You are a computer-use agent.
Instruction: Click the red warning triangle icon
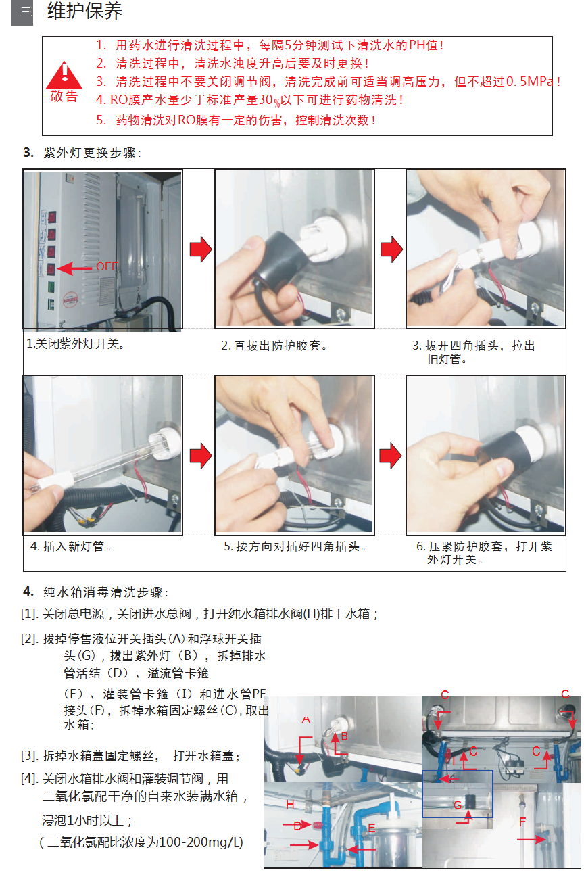pyautogui.click(x=64, y=75)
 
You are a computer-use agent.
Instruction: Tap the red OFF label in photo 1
pyautogui.click(x=107, y=266)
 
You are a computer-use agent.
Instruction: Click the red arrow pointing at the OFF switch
pyautogui.click(x=74, y=268)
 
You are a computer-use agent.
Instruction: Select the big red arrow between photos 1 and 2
pyautogui.click(x=201, y=249)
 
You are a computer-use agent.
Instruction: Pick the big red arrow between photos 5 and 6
pyautogui.click(x=391, y=456)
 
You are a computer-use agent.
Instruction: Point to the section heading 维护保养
pyautogui.click(x=85, y=11)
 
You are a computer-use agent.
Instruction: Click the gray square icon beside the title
pyautogui.click(x=22, y=13)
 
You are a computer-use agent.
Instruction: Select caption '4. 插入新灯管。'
pyautogui.click(x=71, y=546)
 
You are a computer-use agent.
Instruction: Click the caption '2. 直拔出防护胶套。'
pyautogui.click(x=274, y=346)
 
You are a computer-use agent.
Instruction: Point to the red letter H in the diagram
pyautogui.click(x=290, y=805)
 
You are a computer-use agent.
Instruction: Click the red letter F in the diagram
pyautogui.click(x=522, y=822)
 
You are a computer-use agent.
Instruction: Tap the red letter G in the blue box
pyautogui.click(x=458, y=805)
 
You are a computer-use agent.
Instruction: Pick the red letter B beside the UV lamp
pyautogui.click(x=344, y=737)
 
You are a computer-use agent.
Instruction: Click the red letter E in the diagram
pyautogui.click(x=371, y=828)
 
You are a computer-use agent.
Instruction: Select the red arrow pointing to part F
pyautogui.click(x=531, y=840)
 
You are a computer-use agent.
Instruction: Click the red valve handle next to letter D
pyautogui.click(x=317, y=824)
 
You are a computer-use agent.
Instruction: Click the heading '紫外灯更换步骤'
pyautogui.click(x=89, y=153)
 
